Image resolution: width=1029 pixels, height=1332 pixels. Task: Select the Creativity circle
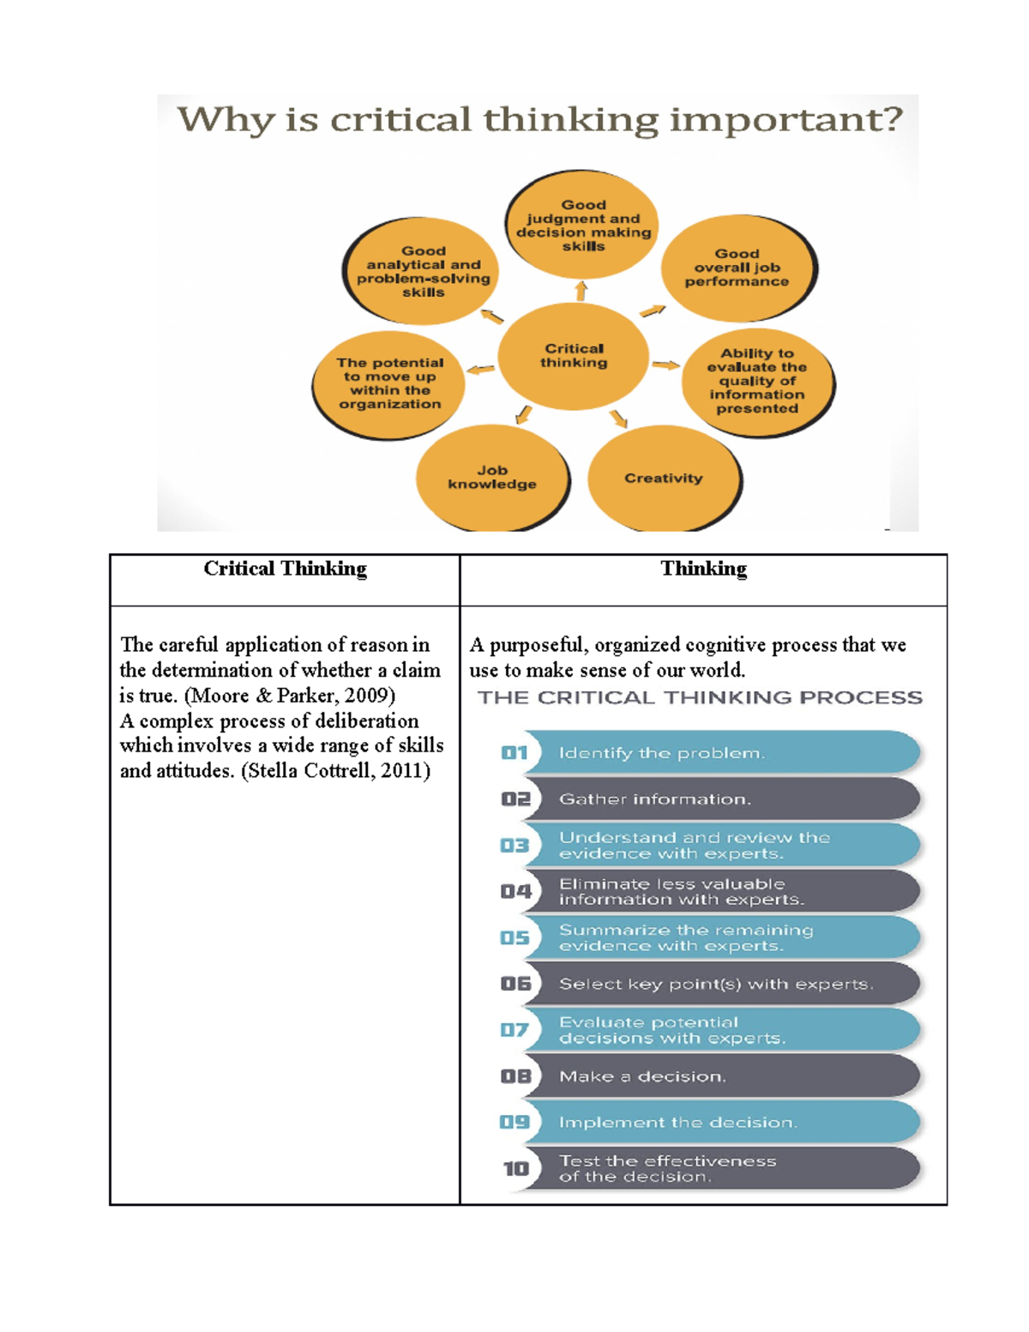663,479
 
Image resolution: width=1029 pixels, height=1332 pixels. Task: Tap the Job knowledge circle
492,478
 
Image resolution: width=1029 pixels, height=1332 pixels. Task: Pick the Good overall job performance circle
737,268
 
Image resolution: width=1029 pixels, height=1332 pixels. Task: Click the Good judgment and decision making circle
583,226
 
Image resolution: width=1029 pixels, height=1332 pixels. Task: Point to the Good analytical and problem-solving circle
423,271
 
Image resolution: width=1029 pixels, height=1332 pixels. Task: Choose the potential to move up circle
389,383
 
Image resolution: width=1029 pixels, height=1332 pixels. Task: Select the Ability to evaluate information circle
757,381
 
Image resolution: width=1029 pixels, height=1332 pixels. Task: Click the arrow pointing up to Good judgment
581,290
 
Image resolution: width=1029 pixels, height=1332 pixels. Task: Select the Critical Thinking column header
285,570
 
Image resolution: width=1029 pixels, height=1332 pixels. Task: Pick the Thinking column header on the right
703,570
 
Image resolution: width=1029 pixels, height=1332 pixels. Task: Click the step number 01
514,753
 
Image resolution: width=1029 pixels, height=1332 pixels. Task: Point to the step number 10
516,1169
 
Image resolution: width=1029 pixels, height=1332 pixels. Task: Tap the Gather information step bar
720,799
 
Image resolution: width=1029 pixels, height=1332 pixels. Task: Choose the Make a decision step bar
720,1076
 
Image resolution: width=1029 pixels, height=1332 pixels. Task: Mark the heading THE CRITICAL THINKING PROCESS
700,698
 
